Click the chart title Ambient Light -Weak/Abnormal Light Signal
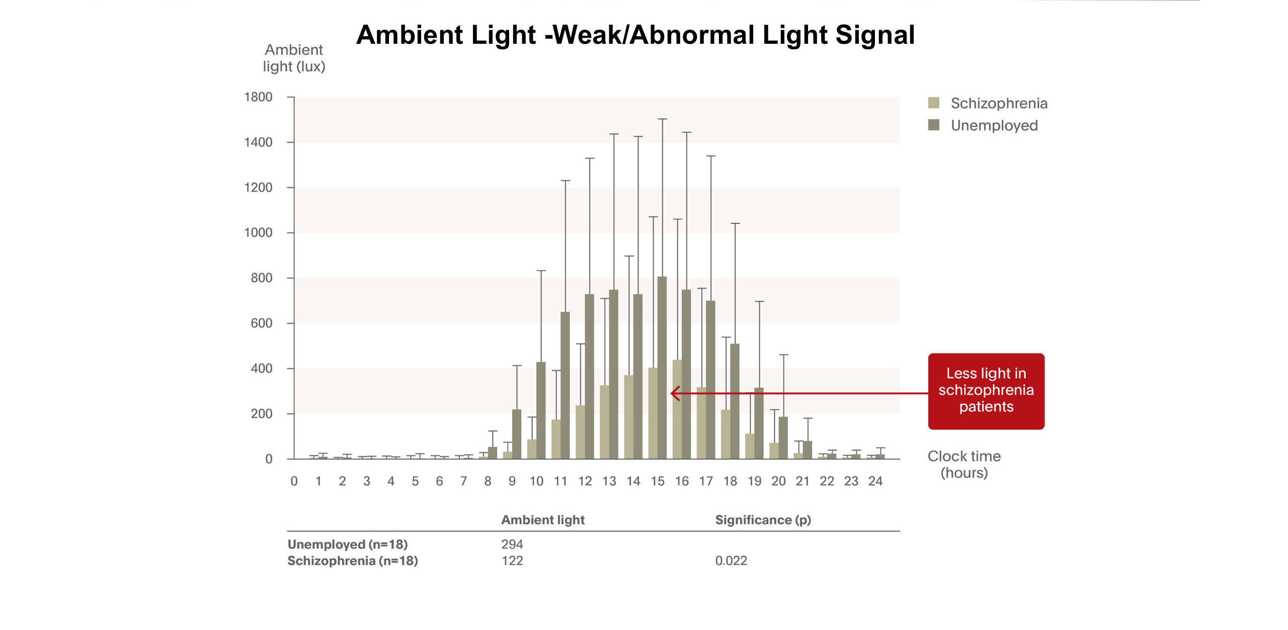(x=635, y=35)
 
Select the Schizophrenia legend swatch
(x=933, y=103)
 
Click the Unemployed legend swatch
(x=933, y=125)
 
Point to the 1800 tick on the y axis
(x=258, y=97)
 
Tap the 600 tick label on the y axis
(x=261, y=323)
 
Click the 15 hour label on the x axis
(x=657, y=481)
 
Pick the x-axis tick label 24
(x=875, y=481)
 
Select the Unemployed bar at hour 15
(x=662, y=367)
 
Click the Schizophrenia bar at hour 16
(x=677, y=409)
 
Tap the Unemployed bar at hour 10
(x=541, y=410)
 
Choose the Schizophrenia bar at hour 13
(x=604, y=422)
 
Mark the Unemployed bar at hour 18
(x=735, y=401)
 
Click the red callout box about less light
(x=986, y=390)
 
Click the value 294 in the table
(x=512, y=544)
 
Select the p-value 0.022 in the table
(x=731, y=561)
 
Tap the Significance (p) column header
(x=763, y=520)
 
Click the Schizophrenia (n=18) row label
(x=352, y=561)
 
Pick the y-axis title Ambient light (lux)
(x=294, y=58)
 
